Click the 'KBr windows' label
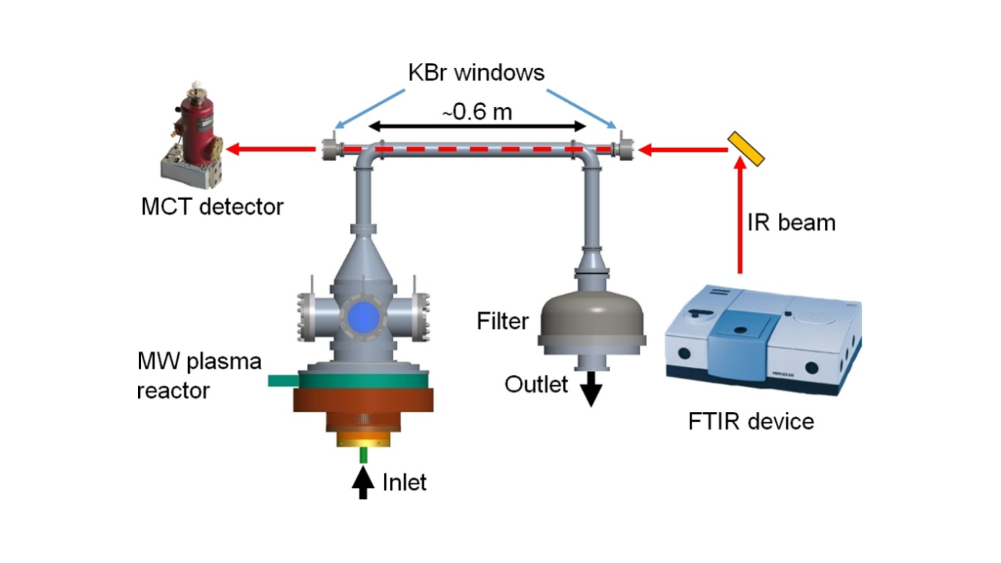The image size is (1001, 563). pos(476,72)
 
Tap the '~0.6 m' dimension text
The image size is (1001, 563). pos(478,112)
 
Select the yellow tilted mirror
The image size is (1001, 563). pos(746,149)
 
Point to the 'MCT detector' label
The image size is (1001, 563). pos(212,207)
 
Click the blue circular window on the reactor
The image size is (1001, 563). pos(363,316)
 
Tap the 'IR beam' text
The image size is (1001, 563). pos(791,223)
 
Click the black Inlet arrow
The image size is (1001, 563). pos(363,483)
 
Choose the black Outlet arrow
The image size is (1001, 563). pos(591,389)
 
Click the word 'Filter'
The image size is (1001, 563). pos(503,321)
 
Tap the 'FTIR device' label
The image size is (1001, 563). pos(751,421)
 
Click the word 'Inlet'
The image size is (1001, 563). pos(404,483)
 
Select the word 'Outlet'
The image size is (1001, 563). pos(536,385)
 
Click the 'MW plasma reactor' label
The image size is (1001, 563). pos(199,375)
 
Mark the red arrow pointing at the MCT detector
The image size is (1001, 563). pos(272,150)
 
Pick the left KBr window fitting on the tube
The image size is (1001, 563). pos(329,149)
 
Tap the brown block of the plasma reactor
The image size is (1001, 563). pos(363,400)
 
